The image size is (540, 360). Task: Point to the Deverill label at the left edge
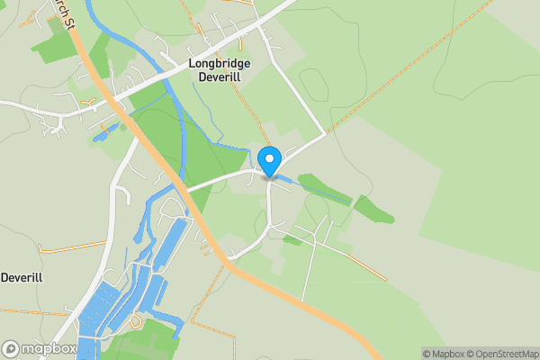[22, 277]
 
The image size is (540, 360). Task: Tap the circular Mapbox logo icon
[12, 348]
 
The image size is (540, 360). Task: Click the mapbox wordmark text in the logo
[49, 348]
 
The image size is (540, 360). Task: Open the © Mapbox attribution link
[444, 354]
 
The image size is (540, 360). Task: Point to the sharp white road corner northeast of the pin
[325, 135]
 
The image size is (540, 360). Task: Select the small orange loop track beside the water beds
[135, 320]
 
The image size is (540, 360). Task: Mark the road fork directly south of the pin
[269, 221]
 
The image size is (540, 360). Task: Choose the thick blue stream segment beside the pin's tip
[284, 180]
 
